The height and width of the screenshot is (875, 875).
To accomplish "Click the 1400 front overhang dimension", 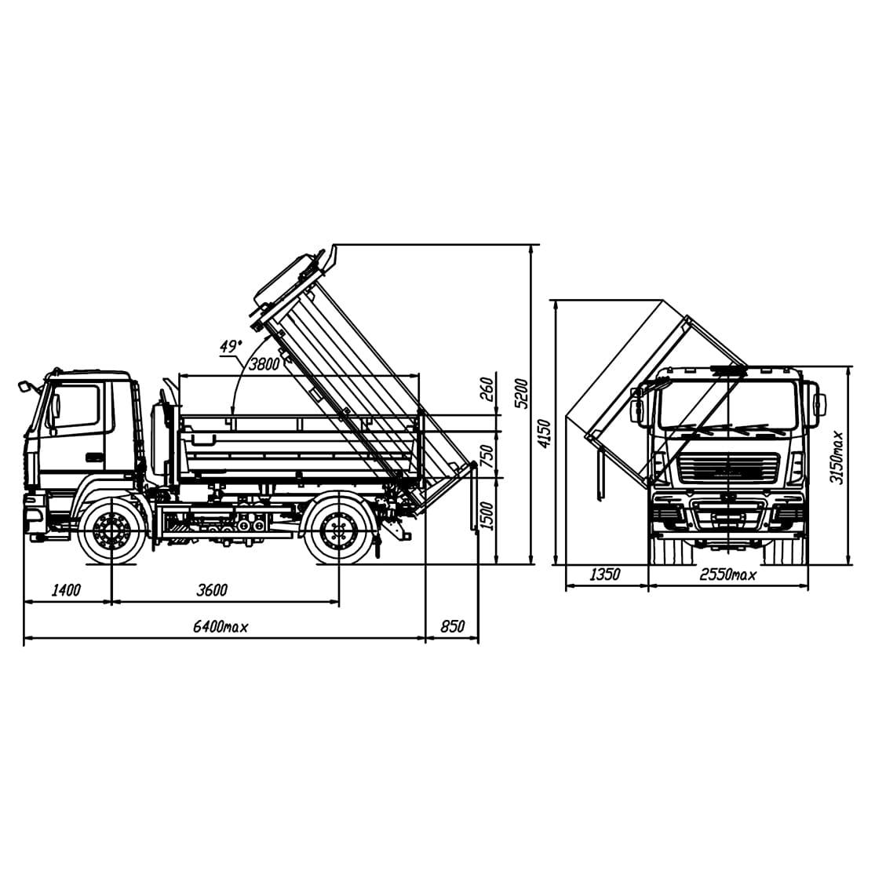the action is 67,590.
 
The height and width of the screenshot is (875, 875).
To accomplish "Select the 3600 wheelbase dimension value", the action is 212,590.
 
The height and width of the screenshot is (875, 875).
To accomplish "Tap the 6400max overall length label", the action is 221,627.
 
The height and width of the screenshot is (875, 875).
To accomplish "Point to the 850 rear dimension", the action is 453,627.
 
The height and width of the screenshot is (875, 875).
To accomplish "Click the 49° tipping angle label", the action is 231,346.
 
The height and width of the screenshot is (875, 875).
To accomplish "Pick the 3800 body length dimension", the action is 264,364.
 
